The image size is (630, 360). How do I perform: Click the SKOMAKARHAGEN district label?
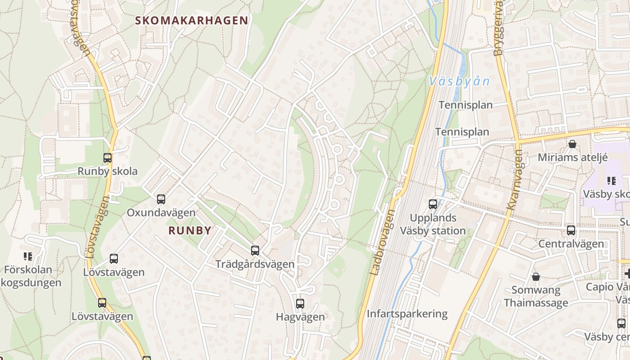(192, 20)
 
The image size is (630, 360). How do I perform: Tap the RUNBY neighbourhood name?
(190, 231)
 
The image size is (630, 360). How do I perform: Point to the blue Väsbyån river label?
(459, 81)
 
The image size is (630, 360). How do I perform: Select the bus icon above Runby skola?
(107, 158)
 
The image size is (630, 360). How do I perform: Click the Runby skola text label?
(108, 171)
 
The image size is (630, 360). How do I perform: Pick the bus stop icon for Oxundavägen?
(161, 199)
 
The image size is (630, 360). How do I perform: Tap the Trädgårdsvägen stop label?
(255, 264)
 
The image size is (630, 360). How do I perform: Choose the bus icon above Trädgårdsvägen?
(255, 250)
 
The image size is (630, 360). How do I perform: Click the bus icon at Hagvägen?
(300, 304)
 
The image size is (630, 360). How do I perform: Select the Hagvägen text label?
(300, 317)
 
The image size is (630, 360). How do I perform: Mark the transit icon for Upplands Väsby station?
(433, 204)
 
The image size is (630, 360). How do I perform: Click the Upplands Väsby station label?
(433, 224)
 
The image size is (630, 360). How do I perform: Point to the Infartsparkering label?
(407, 314)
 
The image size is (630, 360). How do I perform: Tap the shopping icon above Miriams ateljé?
(572, 144)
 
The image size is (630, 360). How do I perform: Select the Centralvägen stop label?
(571, 244)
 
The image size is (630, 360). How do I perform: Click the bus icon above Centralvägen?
(571, 230)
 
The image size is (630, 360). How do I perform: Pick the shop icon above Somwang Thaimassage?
(535, 276)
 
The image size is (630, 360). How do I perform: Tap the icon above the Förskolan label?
(28, 256)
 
